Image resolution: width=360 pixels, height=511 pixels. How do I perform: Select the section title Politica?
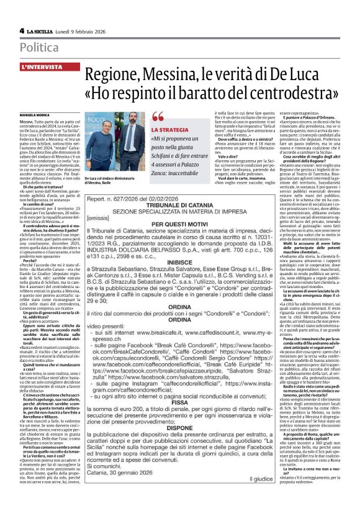point(40,47)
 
